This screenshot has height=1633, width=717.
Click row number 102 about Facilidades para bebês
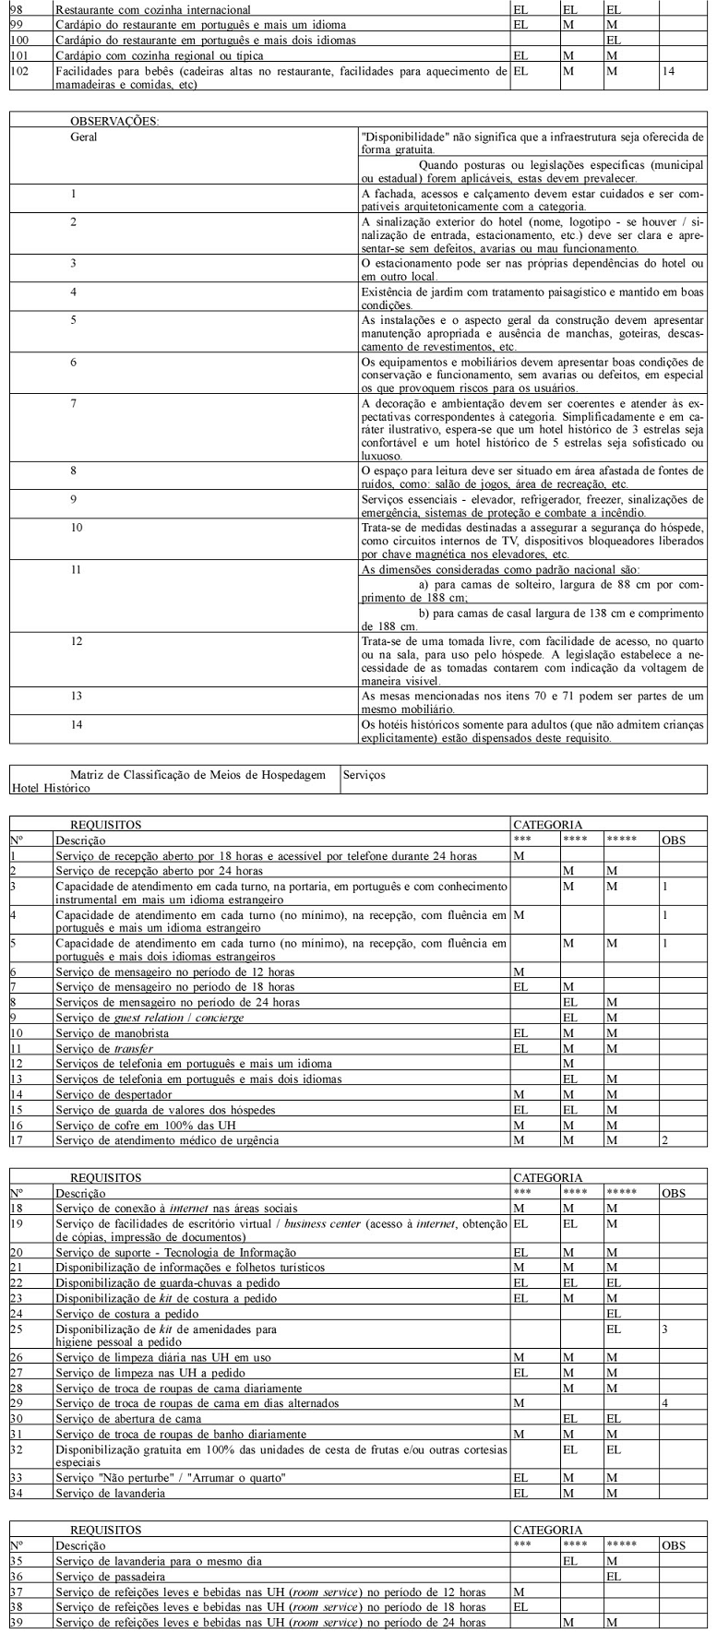19,71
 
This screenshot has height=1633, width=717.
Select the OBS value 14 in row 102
669,71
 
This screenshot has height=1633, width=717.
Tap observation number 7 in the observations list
74,404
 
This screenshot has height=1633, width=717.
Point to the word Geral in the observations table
84,136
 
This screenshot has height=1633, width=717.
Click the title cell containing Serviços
364,776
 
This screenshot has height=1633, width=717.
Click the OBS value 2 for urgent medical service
664,1140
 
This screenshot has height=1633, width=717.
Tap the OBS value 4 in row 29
664,1402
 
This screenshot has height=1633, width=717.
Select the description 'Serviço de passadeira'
114,1577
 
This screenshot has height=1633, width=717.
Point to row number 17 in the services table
16,1140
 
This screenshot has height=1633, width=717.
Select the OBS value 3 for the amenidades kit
664,1330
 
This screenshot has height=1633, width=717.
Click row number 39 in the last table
16,1623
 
